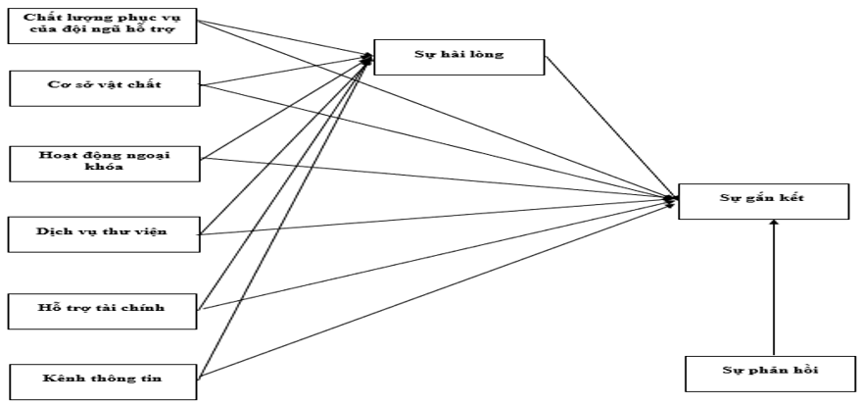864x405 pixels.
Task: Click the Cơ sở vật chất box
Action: [x=105, y=87]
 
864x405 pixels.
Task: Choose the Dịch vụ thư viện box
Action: [x=105, y=233]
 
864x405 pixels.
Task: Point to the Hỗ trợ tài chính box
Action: [x=105, y=309]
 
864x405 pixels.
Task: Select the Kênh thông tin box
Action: [x=105, y=378]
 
